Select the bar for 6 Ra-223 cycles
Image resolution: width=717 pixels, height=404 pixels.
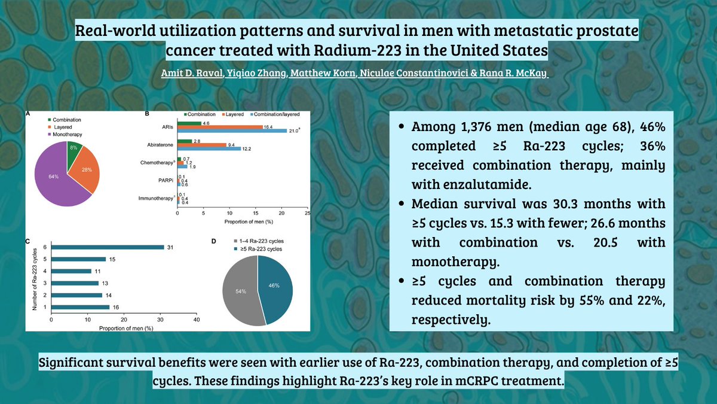107,247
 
